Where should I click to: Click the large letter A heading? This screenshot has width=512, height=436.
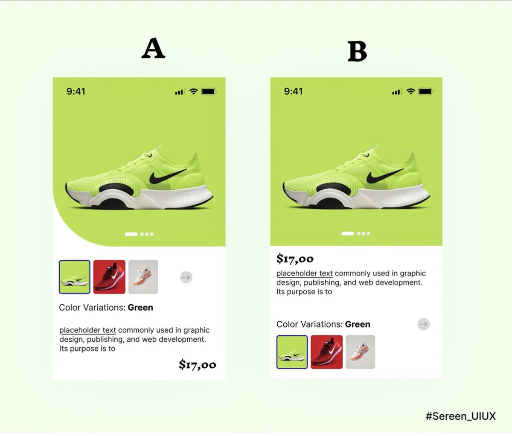point(153,48)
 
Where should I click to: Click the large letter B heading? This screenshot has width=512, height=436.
point(357,51)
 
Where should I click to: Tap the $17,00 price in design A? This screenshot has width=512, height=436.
point(198,365)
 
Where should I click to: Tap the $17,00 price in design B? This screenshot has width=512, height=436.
point(295,259)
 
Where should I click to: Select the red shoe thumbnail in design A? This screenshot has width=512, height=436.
point(109,277)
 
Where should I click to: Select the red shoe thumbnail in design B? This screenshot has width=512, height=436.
point(327,352)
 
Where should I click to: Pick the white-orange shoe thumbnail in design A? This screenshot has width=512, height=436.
point(143,277)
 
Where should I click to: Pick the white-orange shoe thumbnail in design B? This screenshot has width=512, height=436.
point(361,352)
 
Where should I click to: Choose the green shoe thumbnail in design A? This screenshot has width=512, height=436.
point(75,277)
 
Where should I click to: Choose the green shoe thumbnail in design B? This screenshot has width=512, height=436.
point(292,352)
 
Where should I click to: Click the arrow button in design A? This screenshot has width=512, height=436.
point(186,277)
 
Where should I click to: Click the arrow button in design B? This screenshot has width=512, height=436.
point(424,324)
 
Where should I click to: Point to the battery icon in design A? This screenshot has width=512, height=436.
point(209,92)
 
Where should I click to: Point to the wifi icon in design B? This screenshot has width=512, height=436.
point(411,91)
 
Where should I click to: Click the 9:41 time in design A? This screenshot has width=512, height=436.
point(76,91)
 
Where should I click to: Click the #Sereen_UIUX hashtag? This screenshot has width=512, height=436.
point(461,416)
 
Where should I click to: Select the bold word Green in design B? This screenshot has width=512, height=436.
point(358,324)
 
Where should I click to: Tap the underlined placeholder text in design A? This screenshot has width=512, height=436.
point(88,330)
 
